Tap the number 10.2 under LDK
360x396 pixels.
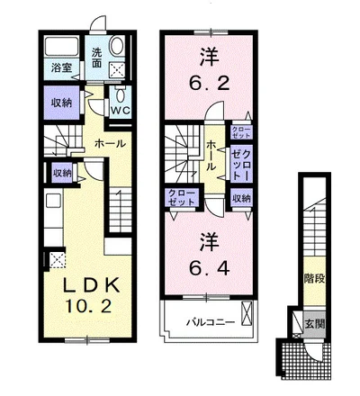89,306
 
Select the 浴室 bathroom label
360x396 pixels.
61,67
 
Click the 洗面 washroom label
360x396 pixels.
96,58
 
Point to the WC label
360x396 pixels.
120,111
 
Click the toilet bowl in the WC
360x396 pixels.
121,95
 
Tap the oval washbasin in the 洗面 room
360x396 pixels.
116,46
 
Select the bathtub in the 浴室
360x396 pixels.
62,46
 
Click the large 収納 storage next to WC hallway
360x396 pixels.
61,103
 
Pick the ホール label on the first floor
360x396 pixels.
110,144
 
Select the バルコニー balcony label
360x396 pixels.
211,323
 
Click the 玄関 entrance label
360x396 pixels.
315,324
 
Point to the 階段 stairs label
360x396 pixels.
315,279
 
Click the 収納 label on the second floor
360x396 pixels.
241,198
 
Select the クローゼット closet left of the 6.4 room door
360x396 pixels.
182,197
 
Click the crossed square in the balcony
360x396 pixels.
247,314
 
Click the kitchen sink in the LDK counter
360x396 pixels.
54,200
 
